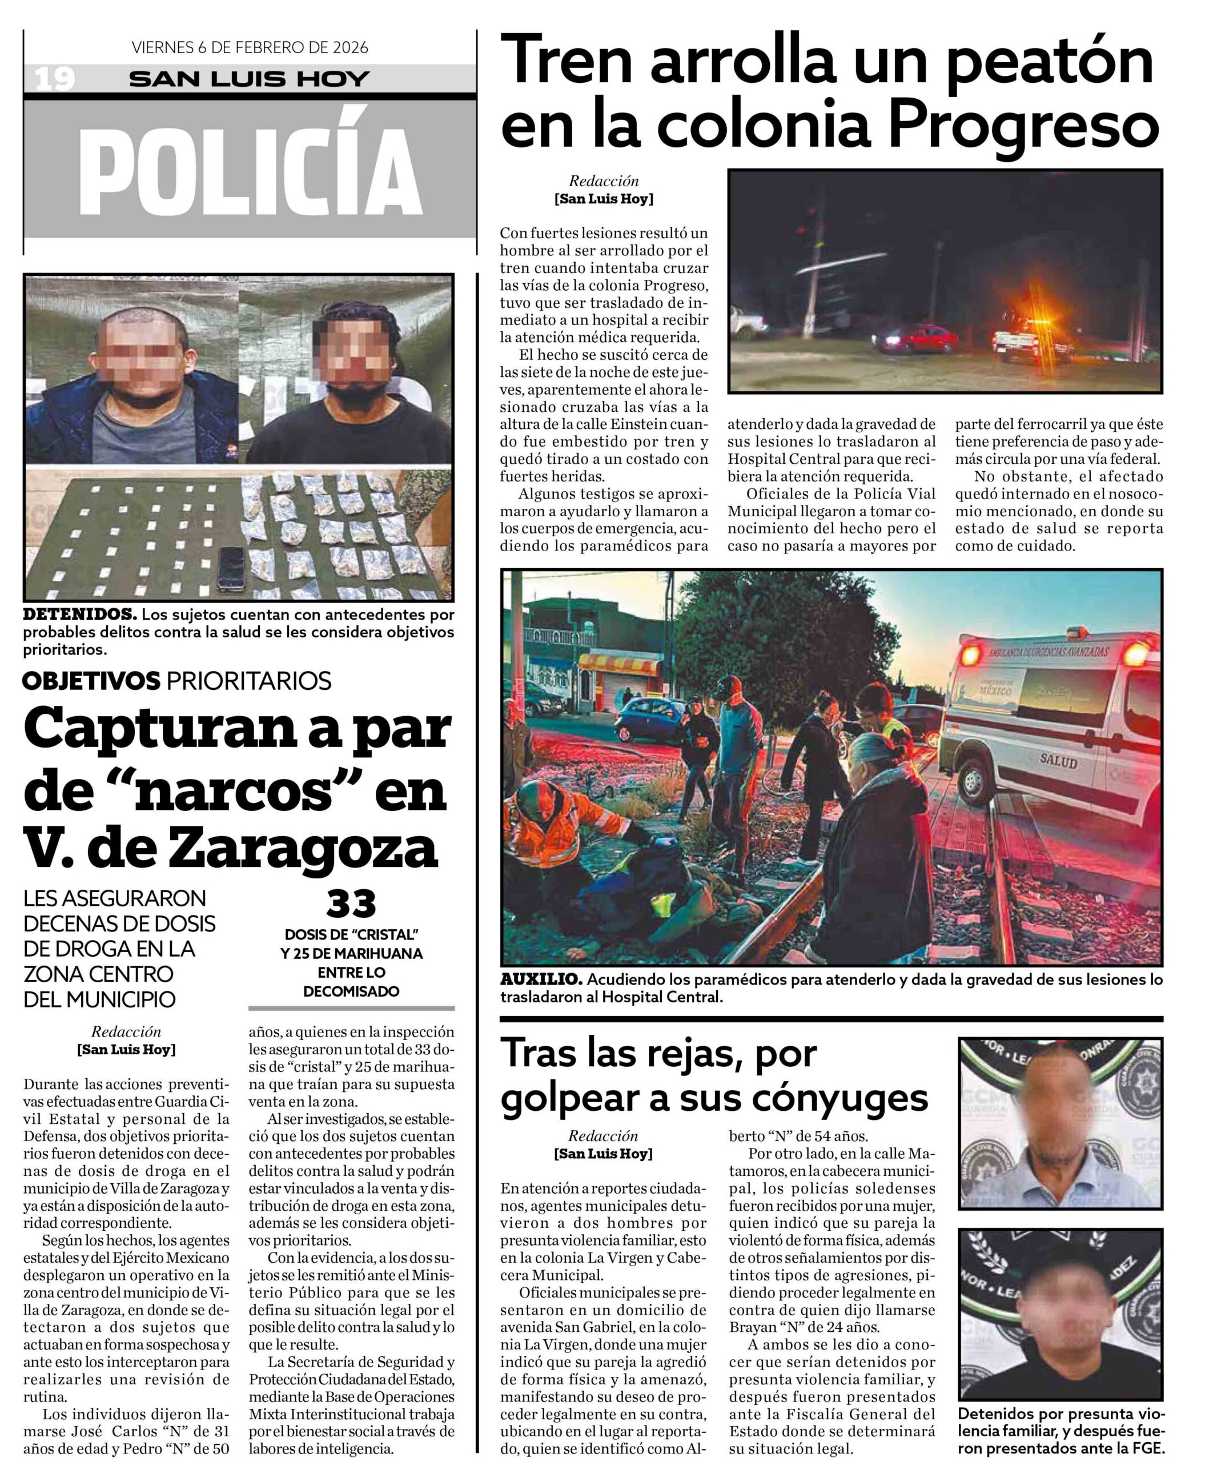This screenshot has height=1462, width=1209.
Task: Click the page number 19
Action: tap(54, 79)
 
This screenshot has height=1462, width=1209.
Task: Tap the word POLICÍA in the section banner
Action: tap(251, 172)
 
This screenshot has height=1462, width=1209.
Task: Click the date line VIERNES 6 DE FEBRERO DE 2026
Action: tap(250, 47)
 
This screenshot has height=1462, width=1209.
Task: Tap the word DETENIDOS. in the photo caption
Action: tap(79, 614)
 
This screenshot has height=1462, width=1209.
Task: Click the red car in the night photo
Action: tap(913, 338)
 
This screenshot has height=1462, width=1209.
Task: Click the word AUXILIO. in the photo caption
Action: tap(541, 979)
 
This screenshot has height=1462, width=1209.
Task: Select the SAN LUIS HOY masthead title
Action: tap(249, 79)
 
